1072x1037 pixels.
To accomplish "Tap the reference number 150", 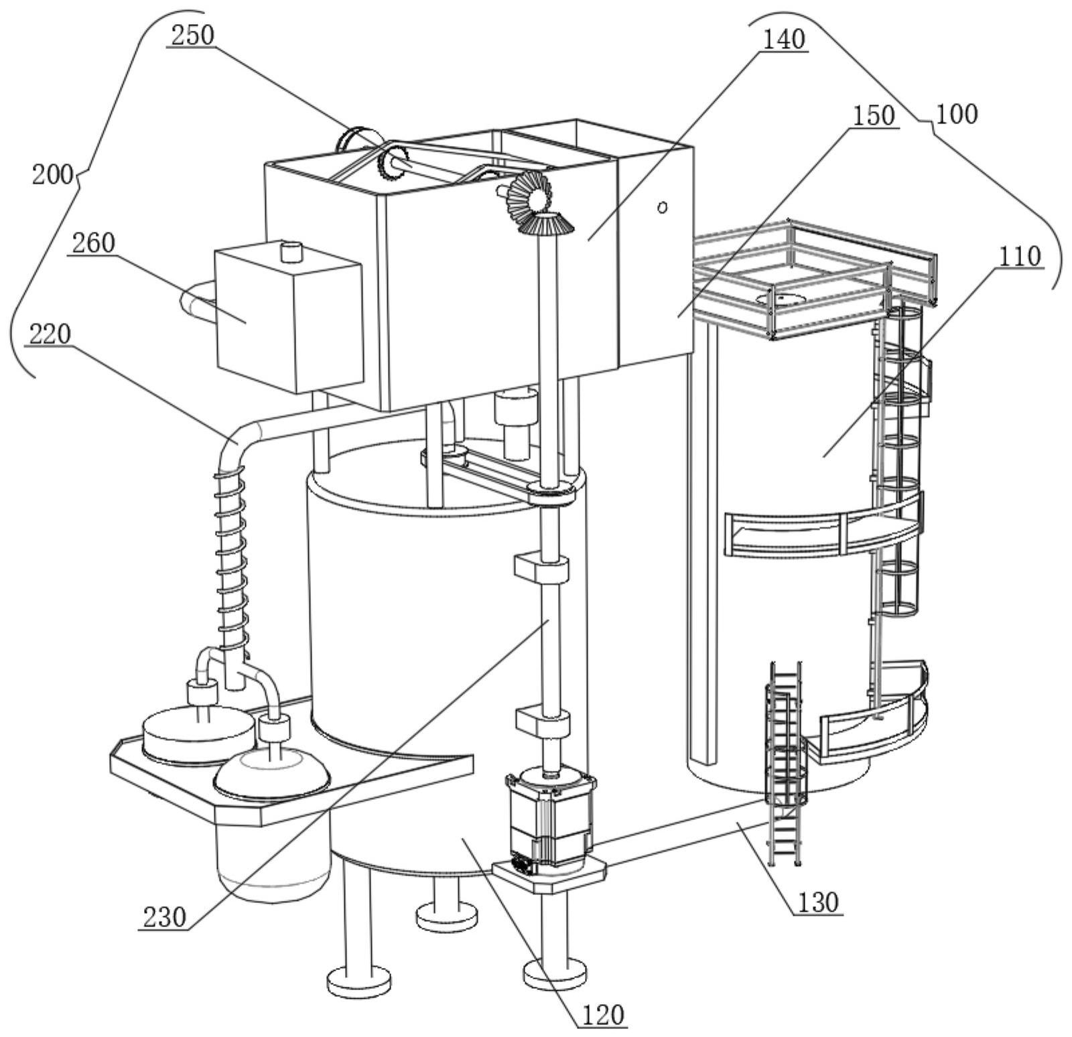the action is click(873, 116).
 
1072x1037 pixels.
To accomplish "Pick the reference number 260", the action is click(93, 243).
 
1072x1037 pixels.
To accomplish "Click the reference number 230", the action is click(163, 916).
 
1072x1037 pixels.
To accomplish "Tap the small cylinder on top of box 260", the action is click(291, 251).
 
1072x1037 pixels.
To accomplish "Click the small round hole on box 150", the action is click(662, 208).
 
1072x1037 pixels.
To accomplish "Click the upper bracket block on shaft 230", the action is click(541, 568).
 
